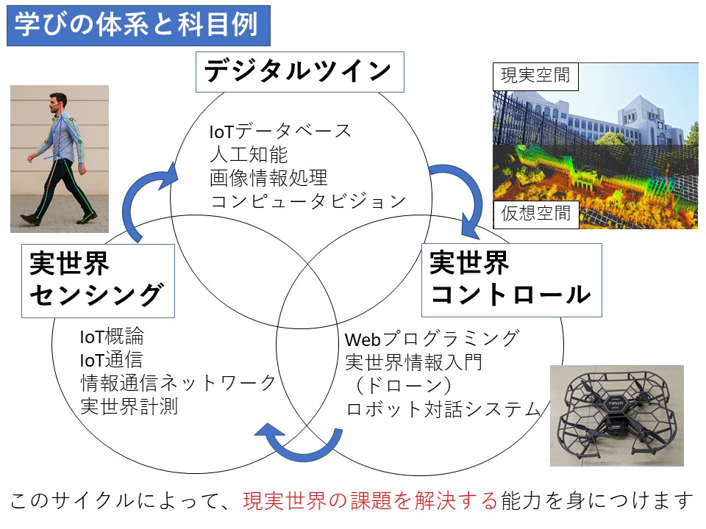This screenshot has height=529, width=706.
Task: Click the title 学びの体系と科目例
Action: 138,25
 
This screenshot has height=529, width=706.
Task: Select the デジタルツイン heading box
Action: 300,72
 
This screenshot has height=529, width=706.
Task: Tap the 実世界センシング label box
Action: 98,281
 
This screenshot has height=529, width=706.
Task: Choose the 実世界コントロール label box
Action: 512,280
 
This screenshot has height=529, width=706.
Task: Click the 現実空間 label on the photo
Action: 535,75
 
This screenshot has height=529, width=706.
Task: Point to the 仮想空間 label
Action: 536,214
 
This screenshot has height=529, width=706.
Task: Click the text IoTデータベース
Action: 280,132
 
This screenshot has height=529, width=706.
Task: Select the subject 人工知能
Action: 249,154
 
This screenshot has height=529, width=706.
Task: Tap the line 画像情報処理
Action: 268,178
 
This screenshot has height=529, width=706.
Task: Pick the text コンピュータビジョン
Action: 308,201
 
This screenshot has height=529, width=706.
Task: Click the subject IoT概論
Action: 112,337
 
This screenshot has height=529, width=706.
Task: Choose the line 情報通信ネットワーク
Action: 178,383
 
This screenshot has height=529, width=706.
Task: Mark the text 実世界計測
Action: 129,406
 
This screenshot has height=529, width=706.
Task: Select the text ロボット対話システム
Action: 443,409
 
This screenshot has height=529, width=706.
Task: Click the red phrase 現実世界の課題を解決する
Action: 370,500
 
